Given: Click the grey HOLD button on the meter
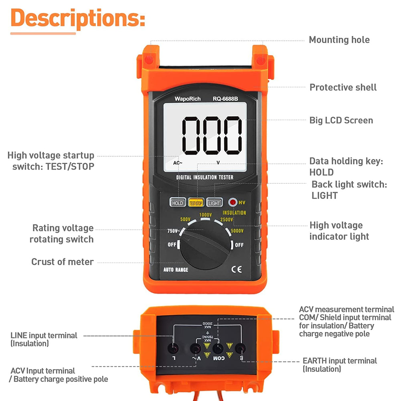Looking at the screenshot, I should (x=177, y=203).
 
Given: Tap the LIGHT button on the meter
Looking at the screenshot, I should (x=214, y=203).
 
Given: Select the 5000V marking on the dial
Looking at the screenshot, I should (x=237, y=231).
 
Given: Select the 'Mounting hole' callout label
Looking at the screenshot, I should (x=339, y=40).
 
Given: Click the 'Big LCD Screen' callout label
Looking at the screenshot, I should (x=341, y=120).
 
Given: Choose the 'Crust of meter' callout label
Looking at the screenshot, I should (x=62, y=262).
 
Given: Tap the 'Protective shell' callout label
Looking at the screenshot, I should (x=343, y=87).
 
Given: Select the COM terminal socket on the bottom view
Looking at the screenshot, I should (x=218, y=348).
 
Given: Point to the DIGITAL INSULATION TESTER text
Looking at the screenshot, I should (x=205, y=177).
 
